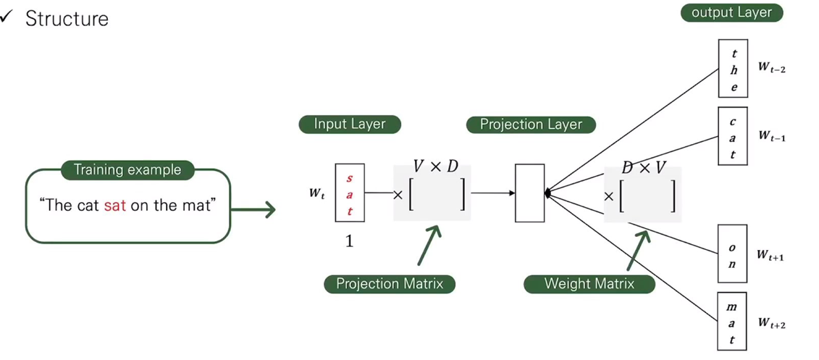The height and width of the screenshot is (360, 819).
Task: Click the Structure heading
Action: (66, 19)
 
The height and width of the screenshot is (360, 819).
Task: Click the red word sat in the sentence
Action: (114, 205)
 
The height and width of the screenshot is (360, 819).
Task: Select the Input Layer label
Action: (350, 124)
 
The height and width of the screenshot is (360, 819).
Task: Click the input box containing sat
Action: (350, 193)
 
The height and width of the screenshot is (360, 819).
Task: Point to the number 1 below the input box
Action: (349, 242)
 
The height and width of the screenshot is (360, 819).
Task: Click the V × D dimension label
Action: (436, 167)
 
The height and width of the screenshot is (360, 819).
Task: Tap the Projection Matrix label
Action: (389, 283)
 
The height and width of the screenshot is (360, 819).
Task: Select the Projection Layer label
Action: (531, 124)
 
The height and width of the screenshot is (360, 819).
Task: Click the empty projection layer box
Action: (529, 193)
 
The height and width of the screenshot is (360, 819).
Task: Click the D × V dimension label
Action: (644, 168)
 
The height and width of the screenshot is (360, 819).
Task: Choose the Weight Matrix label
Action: (589, 283)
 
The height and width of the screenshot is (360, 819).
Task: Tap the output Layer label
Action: (731, 12)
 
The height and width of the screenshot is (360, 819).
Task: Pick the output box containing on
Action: (732, 254)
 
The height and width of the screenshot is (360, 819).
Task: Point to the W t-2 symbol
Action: (772, 67)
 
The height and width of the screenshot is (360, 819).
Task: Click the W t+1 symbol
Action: (771, 255)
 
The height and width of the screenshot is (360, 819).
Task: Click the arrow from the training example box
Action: (253, 210)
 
